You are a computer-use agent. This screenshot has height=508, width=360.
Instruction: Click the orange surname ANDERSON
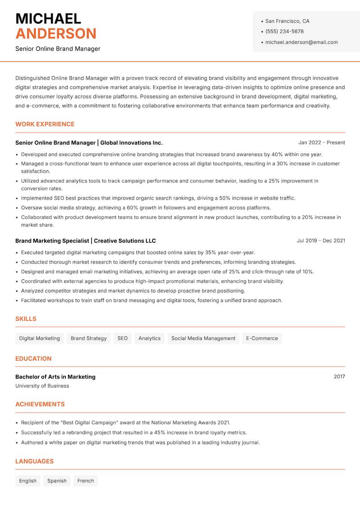pos(56,34)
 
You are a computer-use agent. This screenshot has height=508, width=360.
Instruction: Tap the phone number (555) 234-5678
pos(284,31)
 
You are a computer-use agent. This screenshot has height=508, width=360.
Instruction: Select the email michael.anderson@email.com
pos(301,42)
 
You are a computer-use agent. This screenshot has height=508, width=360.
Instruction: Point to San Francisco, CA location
pos(287,21)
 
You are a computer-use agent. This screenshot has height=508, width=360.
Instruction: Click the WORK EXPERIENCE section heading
pos(45,124)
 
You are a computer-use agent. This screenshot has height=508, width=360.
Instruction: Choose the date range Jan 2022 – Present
pos(321,143)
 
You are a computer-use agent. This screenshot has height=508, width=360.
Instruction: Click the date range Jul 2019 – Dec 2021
pos(321,241)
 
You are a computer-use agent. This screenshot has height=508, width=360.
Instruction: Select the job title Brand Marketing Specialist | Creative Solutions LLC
pos(85,241)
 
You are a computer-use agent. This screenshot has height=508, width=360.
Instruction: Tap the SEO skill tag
pos(122,338)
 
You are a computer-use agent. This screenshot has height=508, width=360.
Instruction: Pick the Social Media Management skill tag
pos(203,338)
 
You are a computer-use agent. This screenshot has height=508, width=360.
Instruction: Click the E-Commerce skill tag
pos(262,338)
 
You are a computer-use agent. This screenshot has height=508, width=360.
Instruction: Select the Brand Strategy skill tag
pos(89,338)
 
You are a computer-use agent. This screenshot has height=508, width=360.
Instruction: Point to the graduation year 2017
pos(339,376)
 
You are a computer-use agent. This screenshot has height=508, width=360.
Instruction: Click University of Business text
pos(42,386)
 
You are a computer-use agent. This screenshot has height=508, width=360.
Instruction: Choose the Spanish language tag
pos(57,481)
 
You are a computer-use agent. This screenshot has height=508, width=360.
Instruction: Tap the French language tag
pos(85,481)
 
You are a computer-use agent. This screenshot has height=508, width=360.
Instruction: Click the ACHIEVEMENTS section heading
pos(40,404)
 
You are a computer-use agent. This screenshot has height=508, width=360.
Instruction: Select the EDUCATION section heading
pos(33,359)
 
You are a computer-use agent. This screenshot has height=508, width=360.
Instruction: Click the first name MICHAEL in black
pos(48,18)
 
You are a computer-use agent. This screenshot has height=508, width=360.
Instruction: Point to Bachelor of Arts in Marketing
pos(55,377)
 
